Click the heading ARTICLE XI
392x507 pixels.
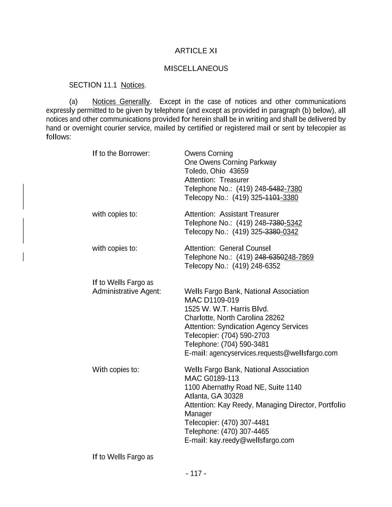tap(195, 51)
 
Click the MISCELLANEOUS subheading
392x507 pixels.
tap(195, 69)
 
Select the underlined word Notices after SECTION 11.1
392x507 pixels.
tap(132, 85)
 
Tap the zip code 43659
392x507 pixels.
tap(239, 171)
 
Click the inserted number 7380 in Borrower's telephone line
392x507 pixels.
tap(294, 189)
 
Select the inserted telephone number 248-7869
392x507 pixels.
tap(299, 257)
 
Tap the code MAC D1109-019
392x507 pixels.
tap(211, 300)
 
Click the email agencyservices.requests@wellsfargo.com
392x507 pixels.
tap(273, 353)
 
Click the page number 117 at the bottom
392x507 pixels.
tap(196, 474)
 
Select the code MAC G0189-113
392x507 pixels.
tap(211, 378)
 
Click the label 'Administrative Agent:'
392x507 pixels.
tap(126, 292)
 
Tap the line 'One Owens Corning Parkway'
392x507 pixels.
tap(230, 162)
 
